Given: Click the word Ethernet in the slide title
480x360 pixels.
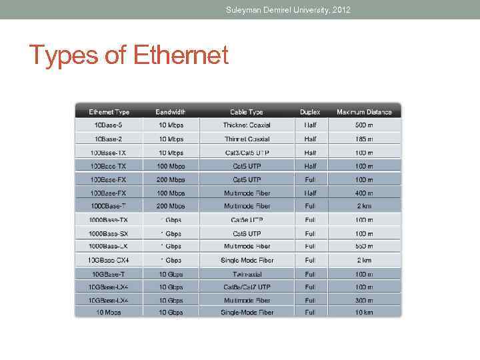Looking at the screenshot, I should [181, 55].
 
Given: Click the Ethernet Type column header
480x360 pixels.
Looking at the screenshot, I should [109, 112].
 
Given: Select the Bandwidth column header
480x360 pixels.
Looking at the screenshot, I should [170, 112].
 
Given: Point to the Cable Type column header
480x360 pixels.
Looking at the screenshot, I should [247, 112].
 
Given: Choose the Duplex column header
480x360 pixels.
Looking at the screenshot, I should [310, 112].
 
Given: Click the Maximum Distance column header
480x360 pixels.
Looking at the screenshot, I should [363, 112].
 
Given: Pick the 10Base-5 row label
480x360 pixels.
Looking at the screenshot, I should [108, 125].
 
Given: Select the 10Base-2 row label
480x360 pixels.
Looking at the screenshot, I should [108, 139].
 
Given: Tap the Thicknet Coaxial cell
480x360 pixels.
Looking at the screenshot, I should [247, 125].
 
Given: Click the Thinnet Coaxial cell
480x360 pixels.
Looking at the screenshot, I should [247, 139].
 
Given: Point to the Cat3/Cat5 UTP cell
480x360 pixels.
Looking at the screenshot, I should [247, 153].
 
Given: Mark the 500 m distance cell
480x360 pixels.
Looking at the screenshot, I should [364, 125].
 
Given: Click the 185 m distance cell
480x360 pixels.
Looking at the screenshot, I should [364, 139].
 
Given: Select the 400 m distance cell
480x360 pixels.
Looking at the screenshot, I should [364, 193].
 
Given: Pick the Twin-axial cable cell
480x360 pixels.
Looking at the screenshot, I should [247, 274].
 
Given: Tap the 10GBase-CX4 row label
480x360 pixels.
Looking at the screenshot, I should [107, 260].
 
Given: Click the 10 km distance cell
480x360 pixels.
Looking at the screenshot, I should [364, 312].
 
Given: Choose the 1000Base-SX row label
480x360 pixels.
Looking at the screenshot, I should [108, 234].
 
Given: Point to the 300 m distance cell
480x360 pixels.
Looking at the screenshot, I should [364, 301].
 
